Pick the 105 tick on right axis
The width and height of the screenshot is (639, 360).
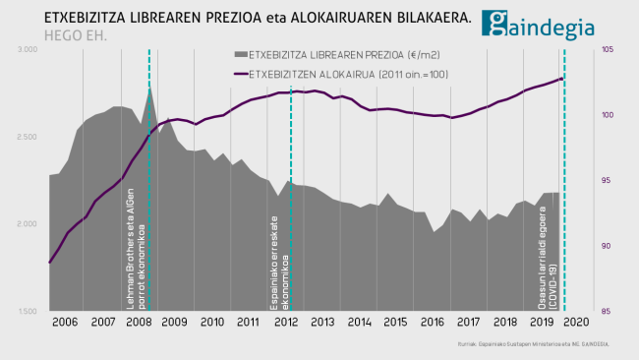607,50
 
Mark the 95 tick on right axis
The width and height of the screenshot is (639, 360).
607,181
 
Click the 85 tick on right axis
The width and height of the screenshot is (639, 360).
607,312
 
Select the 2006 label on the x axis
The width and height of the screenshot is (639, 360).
65,322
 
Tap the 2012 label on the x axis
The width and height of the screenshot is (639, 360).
286,322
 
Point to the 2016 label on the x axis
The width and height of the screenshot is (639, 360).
433,322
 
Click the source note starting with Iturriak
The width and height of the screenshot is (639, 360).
534,344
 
